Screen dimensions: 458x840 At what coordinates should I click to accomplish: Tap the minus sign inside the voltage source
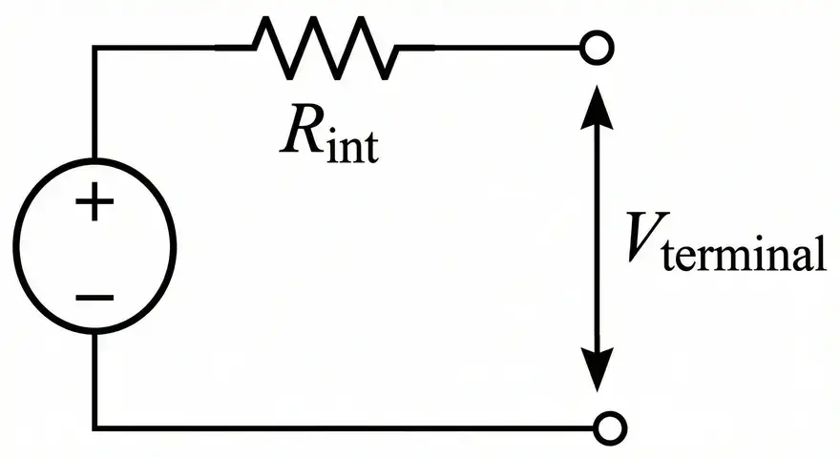point(94,297)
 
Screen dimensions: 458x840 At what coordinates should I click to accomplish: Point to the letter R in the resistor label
point(302,135)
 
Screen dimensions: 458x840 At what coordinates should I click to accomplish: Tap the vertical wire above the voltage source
point(94,105)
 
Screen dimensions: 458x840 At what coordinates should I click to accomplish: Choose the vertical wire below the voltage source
point(94,382)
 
